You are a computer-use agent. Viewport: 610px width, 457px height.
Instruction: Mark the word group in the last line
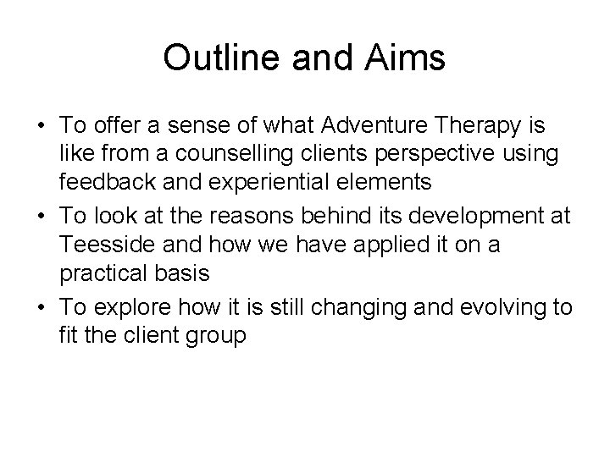tap(216, 335)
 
